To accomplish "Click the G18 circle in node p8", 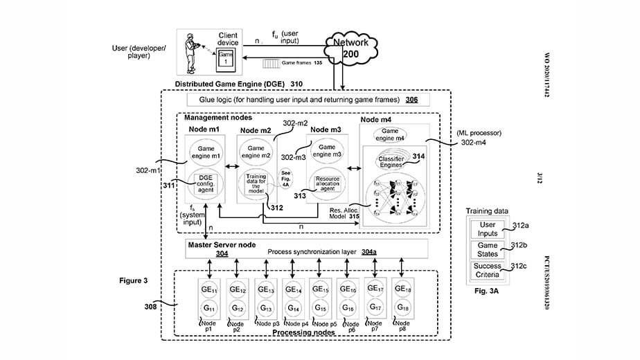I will pyautogui.click(x=402, y=307).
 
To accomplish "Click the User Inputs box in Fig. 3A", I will pyautogui.click(x=488, y=229).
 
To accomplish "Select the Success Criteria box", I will pyautogui.click(x=488, y=271).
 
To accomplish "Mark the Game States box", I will pyautogui.click(x=488, y=250).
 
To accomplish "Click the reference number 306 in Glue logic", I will pyautogui.click(x=411, y=100).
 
